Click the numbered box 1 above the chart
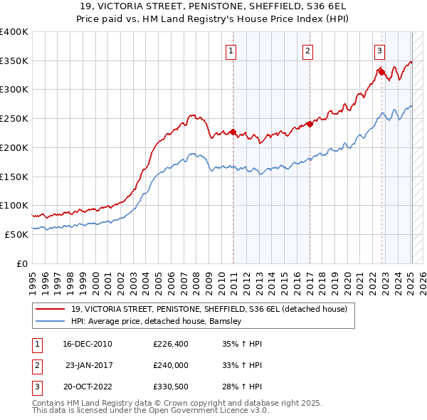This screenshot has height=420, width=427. [233, 51]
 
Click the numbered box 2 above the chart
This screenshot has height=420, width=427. [307, 51]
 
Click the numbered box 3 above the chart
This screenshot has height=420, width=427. [380, 51]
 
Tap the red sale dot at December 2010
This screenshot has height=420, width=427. [233, 132]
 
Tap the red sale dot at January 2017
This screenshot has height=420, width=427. [310, 124]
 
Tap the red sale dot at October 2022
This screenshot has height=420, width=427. [381, 71]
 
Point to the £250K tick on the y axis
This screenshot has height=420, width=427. [14, 119]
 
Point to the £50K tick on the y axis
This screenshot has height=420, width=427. [16, 234]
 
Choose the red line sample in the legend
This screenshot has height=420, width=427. [51, 309]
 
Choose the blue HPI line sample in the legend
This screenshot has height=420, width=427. [51, 321]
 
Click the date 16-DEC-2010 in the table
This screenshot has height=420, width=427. [87, 344]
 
